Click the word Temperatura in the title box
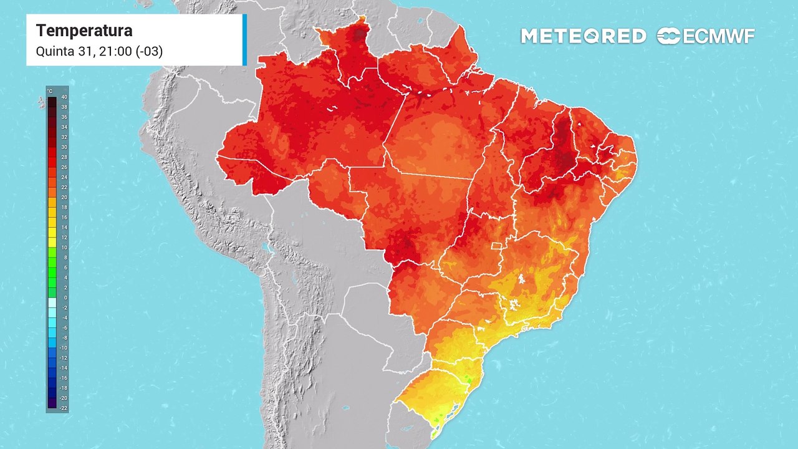point(84,31)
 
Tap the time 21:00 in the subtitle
point(118,51)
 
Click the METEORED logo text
point(583,36)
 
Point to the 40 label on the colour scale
point(64,97)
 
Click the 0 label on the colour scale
point(64,297)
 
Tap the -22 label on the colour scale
point(64,408)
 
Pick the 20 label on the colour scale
point(64,197)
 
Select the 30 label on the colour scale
point(64,147)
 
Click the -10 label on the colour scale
point(64,347)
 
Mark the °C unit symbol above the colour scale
point(50,92)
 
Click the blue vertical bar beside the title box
point(245,40)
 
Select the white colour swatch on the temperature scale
point(52,301)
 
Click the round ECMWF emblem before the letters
point(668,36)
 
